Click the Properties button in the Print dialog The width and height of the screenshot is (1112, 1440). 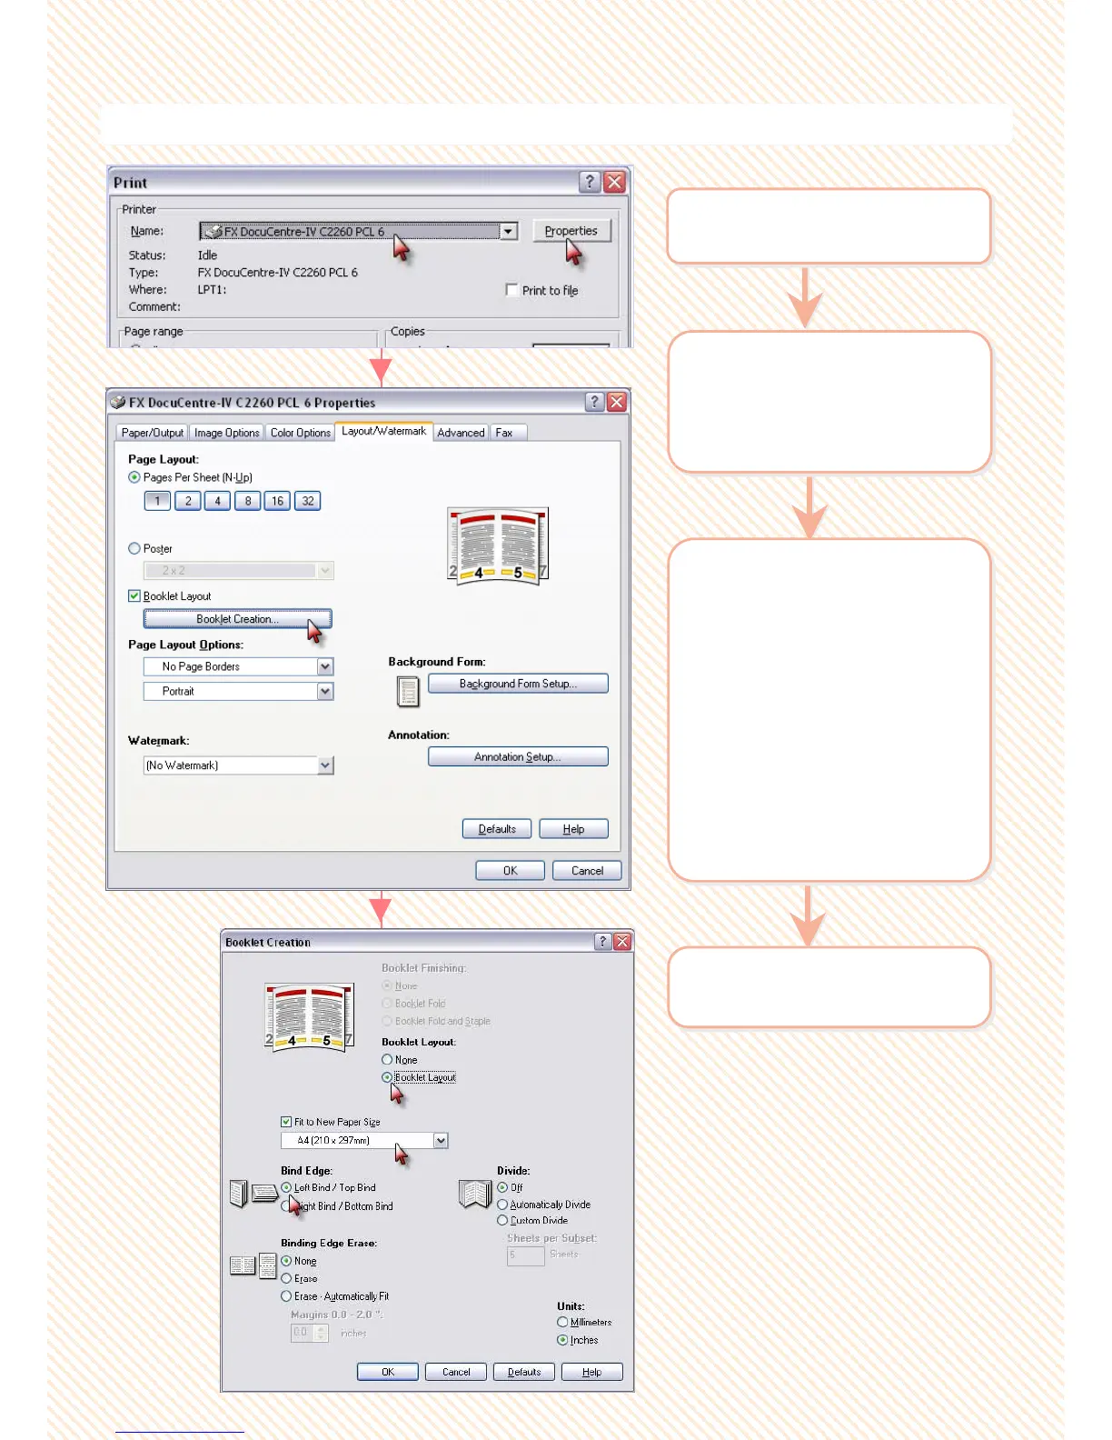(x=571, y=231)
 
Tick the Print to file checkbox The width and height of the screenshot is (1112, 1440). (x=512, y=290)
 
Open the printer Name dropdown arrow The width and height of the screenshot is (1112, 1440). (x=509, y=232)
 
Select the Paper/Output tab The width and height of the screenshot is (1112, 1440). (x=152, y=433)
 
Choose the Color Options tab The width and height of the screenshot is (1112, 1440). (x=300, y=433)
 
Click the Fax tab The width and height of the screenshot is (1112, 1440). (x=504, y=433)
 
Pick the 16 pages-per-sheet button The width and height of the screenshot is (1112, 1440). (x=277, y=501)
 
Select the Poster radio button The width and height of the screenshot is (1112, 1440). (x=134, y=548)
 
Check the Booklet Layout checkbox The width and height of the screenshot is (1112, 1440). (x=134, y=596)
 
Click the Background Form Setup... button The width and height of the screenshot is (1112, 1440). (x=518, y=684)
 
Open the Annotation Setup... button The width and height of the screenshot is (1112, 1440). (x=518, y=756)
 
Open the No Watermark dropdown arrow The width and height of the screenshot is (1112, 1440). (x=325, y=765)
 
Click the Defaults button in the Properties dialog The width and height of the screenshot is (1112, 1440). (x=497, y=829)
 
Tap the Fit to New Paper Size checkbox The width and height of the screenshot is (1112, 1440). (x=286, y=1122)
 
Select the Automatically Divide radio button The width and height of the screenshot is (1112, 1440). (x=502, y=1205)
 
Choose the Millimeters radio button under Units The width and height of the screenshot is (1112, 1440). (x=562, y=1323)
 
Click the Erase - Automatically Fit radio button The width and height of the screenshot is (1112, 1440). (x=286, y=1296)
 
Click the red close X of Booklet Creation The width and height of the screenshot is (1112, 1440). (x=622, y=942)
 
